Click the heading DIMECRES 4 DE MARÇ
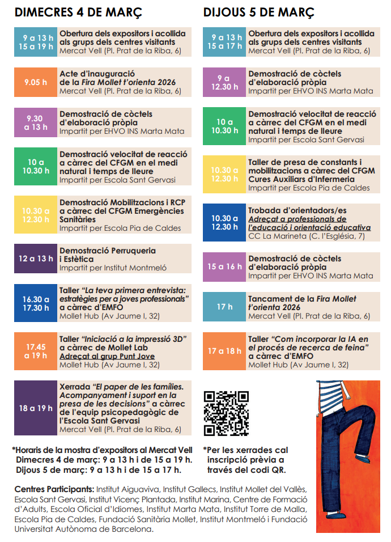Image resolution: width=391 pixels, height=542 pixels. pyautogui.click(x=78, y=12)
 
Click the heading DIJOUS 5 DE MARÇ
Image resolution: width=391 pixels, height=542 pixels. pyautogui.click(x=259, y=12)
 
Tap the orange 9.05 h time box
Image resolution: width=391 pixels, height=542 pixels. pyautogui.click(x=35, y=82)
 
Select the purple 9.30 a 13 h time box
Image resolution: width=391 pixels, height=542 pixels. pyautogui.click(x=35, y=122)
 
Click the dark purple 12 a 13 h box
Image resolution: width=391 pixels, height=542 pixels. pyautogui.click(x=35, y=259)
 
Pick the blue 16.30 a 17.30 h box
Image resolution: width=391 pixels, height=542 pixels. pyautogui.click(x=35, y=303)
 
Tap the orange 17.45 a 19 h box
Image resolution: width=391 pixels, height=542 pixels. pyautogui.click(x=35, y=351)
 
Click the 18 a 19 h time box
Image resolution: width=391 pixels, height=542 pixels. pyautogui.click(x=35, y=408)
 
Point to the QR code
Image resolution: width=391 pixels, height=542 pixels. pyautogui.click(x=226, y=413)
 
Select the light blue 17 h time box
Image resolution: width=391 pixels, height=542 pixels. pyautogui.click(x=224, y=307)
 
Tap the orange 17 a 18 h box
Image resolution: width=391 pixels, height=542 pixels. pyautogui.click(x=224, y=351)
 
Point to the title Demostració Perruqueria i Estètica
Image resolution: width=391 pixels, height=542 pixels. pyautogui.click(x=108, y=255)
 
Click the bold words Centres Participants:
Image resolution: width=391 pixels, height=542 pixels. pyautogui.click(x=54, y=489)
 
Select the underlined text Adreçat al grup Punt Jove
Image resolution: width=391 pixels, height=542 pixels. pyautogui.click(x=107, y=356)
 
